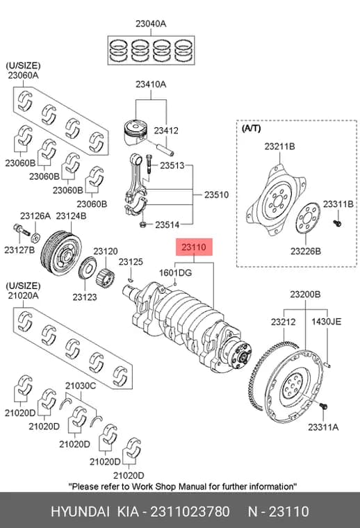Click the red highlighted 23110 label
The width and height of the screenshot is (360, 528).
click(x=195, y=247)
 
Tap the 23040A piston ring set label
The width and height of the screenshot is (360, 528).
click(x=151, y=24)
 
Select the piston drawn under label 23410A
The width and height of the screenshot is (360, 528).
click(x=136, y=132)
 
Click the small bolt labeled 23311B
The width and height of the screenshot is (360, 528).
click(x=337, y=222)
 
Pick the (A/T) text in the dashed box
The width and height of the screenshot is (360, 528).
click(x=251, y=129)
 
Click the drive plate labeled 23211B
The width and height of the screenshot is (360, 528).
click(x=277, y=199)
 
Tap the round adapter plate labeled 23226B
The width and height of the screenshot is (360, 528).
click(x=307, y=218)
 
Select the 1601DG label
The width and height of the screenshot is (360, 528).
click(x=175, y=272)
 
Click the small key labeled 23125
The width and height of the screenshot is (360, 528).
click(x=131, y=279)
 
